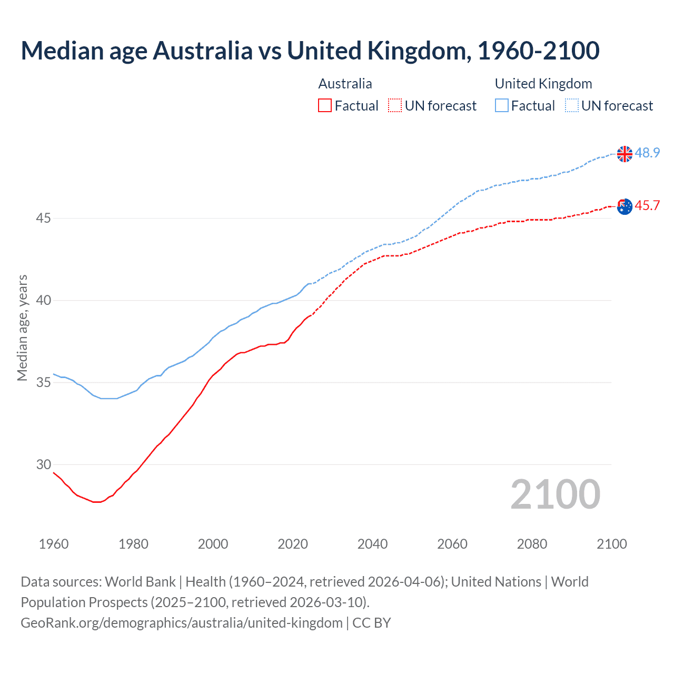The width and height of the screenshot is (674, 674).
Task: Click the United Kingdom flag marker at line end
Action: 624,154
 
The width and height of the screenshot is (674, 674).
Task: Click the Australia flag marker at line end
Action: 624,206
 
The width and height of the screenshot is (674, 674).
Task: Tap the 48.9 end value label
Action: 647,153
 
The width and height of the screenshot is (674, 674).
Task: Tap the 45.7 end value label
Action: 647,205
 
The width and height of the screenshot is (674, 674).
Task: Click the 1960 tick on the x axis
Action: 54,544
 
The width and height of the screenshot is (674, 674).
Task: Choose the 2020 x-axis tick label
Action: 293,544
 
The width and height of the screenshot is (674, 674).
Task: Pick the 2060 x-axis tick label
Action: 452,544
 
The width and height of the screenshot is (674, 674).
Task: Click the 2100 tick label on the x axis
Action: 611,544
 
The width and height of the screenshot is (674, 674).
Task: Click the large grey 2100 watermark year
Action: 555,494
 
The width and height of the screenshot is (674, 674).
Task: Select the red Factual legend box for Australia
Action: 325,105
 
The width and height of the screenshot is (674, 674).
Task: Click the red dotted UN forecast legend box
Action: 395,105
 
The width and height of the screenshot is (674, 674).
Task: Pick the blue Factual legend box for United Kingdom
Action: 501,105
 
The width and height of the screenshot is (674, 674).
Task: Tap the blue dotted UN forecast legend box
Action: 571,105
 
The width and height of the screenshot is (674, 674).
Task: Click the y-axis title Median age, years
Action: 22,328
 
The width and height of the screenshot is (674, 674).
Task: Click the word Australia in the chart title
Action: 202,51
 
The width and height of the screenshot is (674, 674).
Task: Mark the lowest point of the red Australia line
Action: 96,502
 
